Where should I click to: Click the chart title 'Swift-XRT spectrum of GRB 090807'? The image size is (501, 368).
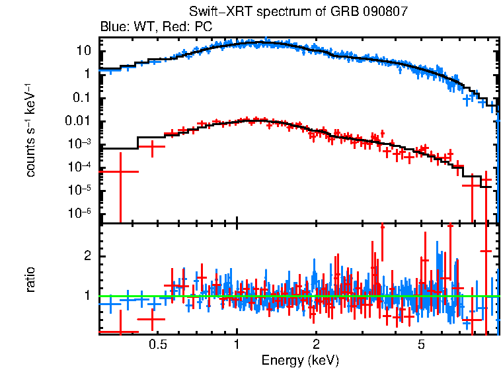coord(299,11)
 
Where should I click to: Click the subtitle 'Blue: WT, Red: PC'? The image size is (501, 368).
coord(155,26)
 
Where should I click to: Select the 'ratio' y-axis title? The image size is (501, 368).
coord(30,279)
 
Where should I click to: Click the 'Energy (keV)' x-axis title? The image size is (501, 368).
coord(300,360)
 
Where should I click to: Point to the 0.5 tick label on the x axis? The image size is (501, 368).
coord(157,345)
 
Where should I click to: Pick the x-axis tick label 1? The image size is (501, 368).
coord(237,345)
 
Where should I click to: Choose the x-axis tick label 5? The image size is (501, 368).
coord(421,345)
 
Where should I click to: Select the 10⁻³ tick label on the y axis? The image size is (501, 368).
coord(81,144)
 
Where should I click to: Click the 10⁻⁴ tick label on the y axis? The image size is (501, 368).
coord(81,167)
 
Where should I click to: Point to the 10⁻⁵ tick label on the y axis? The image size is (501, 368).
coord(81,190)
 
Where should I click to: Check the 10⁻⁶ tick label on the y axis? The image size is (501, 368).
coord(81,213)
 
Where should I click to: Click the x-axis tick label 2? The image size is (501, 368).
coord(316,345)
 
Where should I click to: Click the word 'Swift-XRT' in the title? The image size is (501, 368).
coord(216,11)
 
